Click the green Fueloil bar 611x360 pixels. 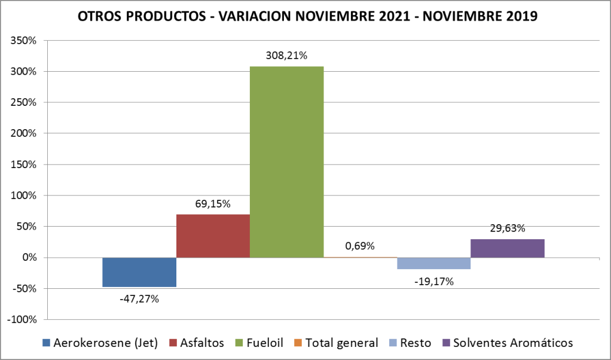pos(286,161)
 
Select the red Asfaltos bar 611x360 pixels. pos(213,236)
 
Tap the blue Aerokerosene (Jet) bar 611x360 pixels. pos(139,272)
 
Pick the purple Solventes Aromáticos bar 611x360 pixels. pos(507,248)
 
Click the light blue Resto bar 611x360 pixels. pos(433,263)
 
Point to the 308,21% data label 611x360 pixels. pos(286,56)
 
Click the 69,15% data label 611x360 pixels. pos(213,204)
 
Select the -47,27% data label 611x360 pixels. pos(139,298)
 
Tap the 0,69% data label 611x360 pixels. pos(360,246)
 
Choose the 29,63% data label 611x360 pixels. pos(507,228)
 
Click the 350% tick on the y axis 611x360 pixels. pos(24,41)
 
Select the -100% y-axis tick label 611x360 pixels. pos(22,319)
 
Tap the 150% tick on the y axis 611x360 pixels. pos(24,164)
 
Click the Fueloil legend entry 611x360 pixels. pos(256,343)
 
